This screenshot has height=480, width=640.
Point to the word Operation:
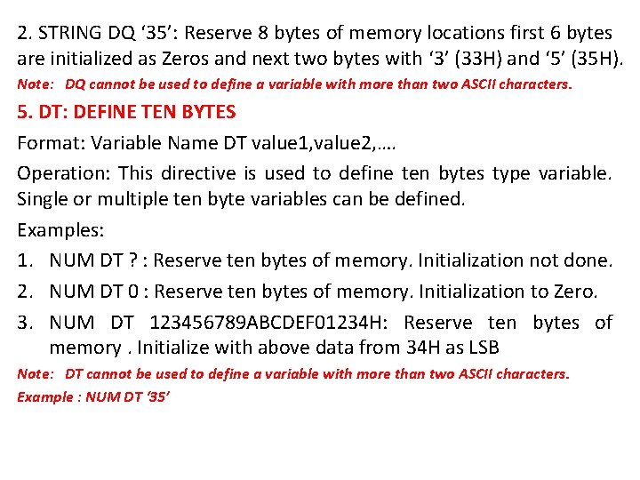[64, 172]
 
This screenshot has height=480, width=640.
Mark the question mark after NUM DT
[131, 260]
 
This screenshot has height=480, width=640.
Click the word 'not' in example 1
[546, 260]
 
